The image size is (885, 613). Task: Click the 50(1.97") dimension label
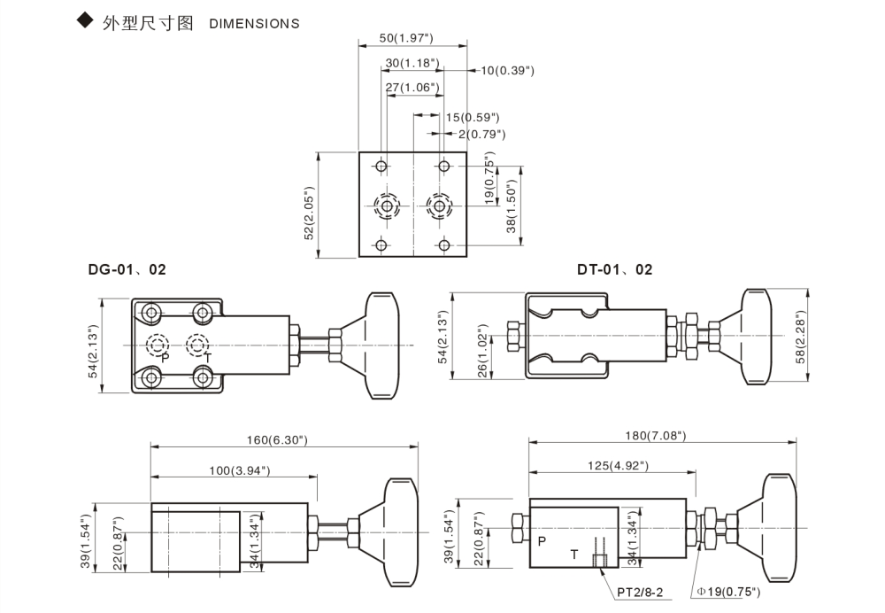pos(405,38)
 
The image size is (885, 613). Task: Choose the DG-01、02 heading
pos(127,269)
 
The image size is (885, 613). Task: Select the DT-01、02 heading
pos(614,269)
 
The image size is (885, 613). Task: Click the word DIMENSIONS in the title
pos(254,24)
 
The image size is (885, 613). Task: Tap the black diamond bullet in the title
pos(85,21)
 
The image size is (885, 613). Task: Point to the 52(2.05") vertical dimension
pos(310,212)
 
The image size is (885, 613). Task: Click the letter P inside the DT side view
pos(542,539)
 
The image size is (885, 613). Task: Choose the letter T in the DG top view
pos(207,358)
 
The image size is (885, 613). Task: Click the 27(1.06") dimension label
pos(413,87)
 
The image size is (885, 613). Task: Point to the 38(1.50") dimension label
pos(511,206)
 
